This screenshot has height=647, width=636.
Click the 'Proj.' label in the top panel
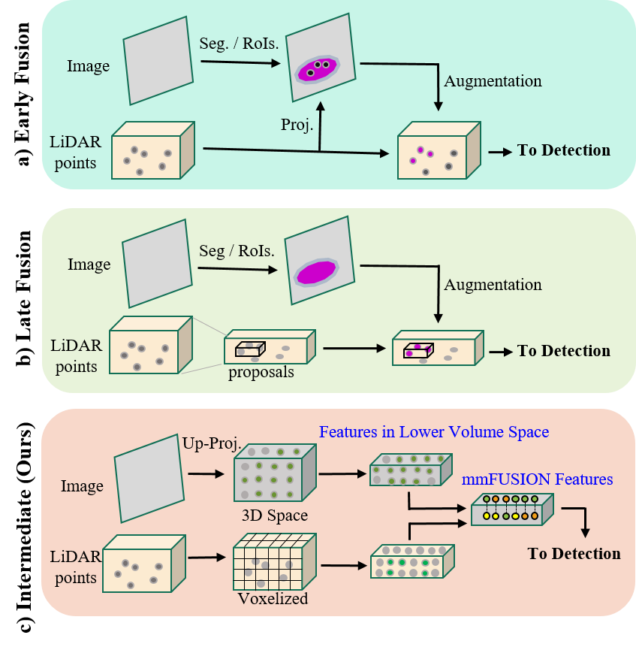click(297, 125)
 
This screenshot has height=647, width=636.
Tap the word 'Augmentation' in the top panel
click(493, 81)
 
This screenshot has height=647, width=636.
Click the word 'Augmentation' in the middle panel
click(493, 285)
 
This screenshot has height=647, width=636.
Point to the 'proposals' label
click(260, 373)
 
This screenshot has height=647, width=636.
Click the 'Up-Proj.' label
click(211, 444)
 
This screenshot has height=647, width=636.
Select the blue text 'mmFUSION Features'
click(537, 479)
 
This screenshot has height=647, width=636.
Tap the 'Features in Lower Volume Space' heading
click(434, 432)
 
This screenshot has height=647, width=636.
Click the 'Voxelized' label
click(273, 599)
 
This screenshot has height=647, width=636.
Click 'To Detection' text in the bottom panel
click(574, 554)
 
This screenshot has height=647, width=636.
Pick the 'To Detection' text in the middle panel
click(563, 351)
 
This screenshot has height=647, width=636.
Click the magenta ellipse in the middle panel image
click(315, 272)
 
